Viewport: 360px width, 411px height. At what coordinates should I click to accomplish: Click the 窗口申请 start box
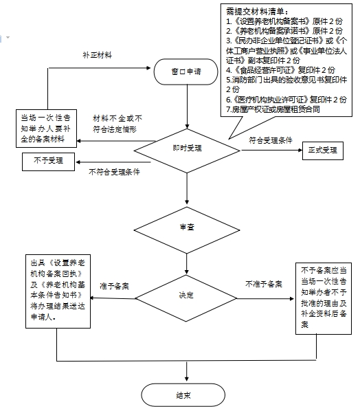pyautogui.click(x=185, y=71)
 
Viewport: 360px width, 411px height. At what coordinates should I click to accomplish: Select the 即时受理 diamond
pyautogui.click(x=187, y=151)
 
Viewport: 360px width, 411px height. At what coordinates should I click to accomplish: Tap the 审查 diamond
pyautogui.click(x=187, y=230)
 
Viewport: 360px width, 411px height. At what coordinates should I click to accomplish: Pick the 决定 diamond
pyautogui.click(x=186, y=298)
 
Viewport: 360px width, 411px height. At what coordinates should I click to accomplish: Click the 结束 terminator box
pyautogui.click(x=183, y=395)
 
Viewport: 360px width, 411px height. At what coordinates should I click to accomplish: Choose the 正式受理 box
pyautogui.click(x=323, y=151)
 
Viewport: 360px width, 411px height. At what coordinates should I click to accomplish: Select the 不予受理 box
pyautogui.click(x=49, y=162)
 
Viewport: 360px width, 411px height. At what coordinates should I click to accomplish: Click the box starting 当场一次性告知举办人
pyautogui.click(x=47, y=129)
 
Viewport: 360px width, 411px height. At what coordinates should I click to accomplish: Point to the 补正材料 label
pyautogui.click(x=97, y=55)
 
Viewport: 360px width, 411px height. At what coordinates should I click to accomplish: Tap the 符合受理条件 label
pyautogui.click(x=271, y=140)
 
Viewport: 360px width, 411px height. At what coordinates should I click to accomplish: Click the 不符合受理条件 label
pyautogui.click(x=114, y=172)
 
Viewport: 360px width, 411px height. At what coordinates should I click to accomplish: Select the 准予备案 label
pyautogui.click(x=115, y=286)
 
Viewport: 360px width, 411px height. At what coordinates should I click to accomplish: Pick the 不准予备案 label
pyautogui.click(x=264, y=284)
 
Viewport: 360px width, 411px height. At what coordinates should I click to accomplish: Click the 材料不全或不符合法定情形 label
pyautogui.click(x=117, y=124)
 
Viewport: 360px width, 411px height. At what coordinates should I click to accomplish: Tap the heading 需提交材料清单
pyautogui.click(x=257, y=12)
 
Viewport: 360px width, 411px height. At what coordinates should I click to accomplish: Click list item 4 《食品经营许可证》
pyautogui.click(x=280, y=70)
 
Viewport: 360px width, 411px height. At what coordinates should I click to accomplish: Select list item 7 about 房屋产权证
pyautogui.click(x=273, y=109)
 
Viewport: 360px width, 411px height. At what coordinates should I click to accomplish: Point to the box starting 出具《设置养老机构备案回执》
pyautogui.click(x=58, y=291)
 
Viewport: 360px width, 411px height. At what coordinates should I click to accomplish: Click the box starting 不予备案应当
pyautogui.click(x=324, y=298)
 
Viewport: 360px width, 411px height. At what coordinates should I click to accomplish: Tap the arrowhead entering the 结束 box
pyautogui.click(x=187, y=379)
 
